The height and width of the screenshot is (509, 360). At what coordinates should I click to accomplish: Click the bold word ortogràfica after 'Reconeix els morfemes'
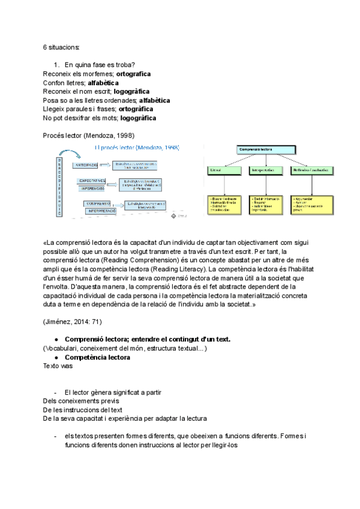(133, 74)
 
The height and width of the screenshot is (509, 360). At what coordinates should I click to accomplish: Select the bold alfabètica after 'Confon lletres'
(103, 83)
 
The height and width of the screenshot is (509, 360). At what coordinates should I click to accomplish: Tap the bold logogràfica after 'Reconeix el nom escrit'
(131, 92)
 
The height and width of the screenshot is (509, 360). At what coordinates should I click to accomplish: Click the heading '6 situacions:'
(61, 47)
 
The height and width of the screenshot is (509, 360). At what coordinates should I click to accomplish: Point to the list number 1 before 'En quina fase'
(56, 65)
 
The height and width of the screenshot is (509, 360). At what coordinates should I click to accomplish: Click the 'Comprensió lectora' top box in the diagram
(266, 149)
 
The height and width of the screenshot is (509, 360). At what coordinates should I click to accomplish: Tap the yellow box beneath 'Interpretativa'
(265, 203)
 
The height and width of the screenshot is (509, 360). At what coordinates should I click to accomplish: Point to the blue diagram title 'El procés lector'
(137, 148)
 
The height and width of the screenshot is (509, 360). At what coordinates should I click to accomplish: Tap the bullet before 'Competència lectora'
(56, 358)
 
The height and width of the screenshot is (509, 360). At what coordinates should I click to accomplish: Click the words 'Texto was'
(58, 366)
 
